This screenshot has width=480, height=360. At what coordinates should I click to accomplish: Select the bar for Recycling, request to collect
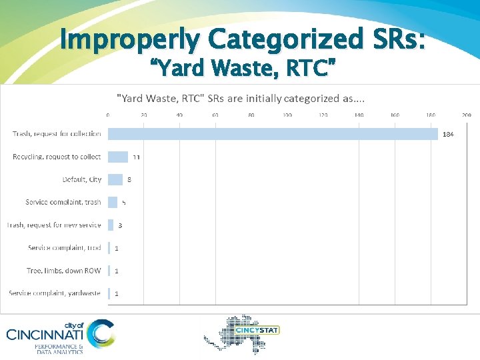click(x=118, y=157)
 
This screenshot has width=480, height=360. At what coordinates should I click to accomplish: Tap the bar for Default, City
click(x=115, y=179)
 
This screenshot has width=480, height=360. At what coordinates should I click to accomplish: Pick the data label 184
click(x=449, y=135)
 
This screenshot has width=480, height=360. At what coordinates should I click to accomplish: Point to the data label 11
click(x=136, y=157)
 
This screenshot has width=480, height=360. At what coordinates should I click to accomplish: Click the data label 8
click(x=129, y=180)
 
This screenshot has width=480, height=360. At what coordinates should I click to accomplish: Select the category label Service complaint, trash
click(x=63, y=202)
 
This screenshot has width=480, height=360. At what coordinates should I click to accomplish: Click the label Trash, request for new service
click(x=54, y=225)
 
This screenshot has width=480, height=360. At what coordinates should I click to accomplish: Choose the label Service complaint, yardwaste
click(x=55, y=293)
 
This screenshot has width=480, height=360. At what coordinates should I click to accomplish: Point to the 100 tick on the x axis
click(x=287, y=115)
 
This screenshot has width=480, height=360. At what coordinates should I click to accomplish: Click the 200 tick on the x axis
click(x=467, y=115)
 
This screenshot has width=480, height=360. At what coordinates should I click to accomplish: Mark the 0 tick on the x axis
click(x=108, y=115)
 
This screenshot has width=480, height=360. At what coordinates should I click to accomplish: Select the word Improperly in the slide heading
click(x=129, y=39)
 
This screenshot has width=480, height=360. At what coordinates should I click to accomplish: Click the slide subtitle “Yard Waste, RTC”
click(x=242, y=67)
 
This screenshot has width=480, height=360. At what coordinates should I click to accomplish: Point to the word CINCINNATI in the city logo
click(x=45, y=334)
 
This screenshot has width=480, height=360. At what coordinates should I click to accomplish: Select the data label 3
click(x=120, y=225)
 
